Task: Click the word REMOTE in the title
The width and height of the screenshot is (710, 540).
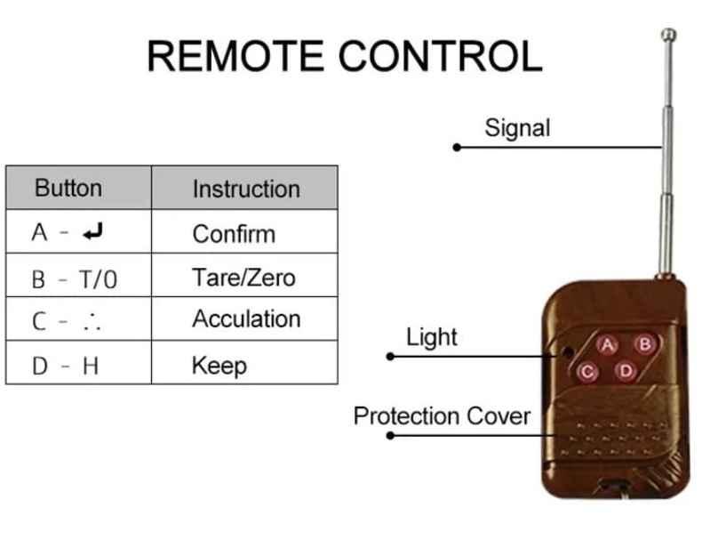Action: point(236,56)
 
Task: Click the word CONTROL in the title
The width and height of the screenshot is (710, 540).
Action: point(441,56)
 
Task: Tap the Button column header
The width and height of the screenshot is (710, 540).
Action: point(68,189)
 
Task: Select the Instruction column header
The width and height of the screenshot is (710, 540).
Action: point(246,189)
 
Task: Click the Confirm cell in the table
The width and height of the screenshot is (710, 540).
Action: point(234,234)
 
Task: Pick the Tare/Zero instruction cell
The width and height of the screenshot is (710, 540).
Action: point(243,277)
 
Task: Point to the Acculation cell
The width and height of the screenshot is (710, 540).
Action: point(246,319)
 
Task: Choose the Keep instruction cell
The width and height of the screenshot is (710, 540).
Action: point(219,365)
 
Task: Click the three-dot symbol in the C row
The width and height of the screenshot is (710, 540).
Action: point(92,323)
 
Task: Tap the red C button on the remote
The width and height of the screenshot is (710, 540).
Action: point(587,372)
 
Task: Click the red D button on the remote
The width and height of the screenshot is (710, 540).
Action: point(626,369)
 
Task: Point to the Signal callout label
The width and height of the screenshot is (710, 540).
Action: point(517,127)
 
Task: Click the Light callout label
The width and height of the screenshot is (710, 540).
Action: point(431,337)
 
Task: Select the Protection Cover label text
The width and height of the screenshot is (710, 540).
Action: point(442,415)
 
